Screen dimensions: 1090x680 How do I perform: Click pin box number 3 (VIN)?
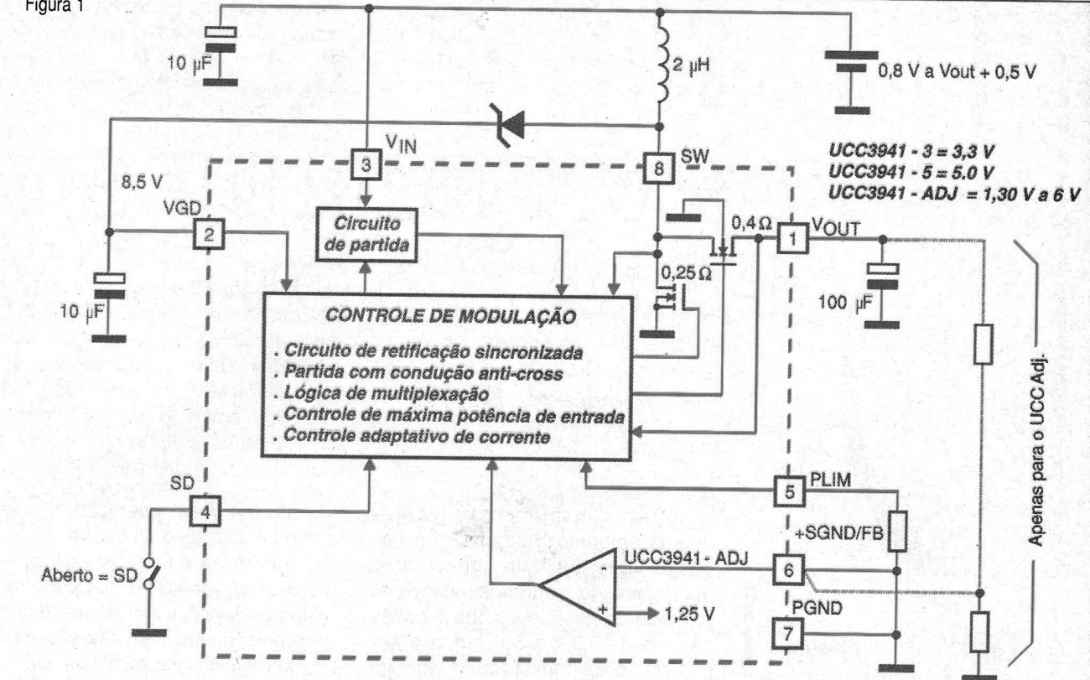point(366,164)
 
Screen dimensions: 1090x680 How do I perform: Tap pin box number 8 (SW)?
point(658,169)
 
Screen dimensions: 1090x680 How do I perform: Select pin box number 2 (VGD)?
point(208,234)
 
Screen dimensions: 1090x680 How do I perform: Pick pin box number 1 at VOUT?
point(792,238)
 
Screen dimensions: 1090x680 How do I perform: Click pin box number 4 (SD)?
point(205,511)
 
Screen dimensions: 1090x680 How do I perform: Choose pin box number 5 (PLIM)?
point(789,491)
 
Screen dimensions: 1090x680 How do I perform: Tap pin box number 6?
point(788,570)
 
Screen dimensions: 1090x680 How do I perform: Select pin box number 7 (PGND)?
point(787,633)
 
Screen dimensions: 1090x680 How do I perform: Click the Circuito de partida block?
point(366,235)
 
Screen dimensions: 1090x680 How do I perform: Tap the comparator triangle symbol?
point(578,587)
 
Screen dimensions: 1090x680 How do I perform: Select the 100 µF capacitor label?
point(845,303)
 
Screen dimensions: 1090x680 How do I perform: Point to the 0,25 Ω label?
point(686,274)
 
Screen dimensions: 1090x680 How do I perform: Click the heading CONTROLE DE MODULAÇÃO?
point(450,316)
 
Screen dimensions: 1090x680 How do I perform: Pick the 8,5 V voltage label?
point(142,182)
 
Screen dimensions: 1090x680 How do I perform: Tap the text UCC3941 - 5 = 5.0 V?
point(911,173)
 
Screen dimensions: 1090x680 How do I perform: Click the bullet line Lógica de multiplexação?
point(381,393)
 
